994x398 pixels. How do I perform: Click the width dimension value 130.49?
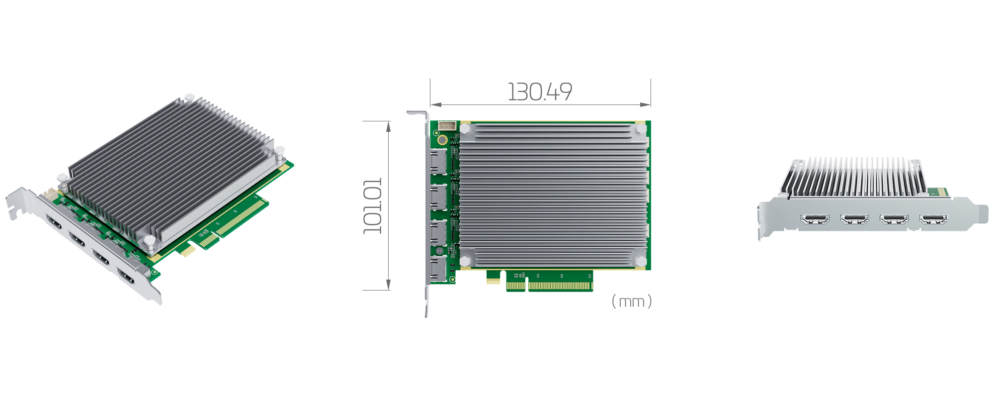(x=540, y=92)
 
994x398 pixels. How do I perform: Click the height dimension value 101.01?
(x=373, y=205)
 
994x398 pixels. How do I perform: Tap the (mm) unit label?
(x=631, y=301)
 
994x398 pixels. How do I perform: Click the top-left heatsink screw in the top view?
(x=465, y=129)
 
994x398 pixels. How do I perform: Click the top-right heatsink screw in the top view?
(x=641, y=129)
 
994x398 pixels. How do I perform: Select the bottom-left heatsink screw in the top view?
(x=465, y=261)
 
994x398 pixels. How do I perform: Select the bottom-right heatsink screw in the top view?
(x=641, y=261)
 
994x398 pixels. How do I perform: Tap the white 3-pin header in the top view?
(x=446, y=126)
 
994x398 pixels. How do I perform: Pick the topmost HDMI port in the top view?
(x=438, y=161)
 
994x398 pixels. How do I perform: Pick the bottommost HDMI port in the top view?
(x=438, y=269)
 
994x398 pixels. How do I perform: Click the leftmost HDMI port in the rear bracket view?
(x=815, y=219)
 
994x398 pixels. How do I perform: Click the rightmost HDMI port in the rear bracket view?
(x=933, y=219)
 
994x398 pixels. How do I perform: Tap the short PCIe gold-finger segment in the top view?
(x=515, y=286)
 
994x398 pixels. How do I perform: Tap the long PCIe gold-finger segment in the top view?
(x=560, y=286)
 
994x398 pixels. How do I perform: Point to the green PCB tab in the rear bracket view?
(x=937, y=192)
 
